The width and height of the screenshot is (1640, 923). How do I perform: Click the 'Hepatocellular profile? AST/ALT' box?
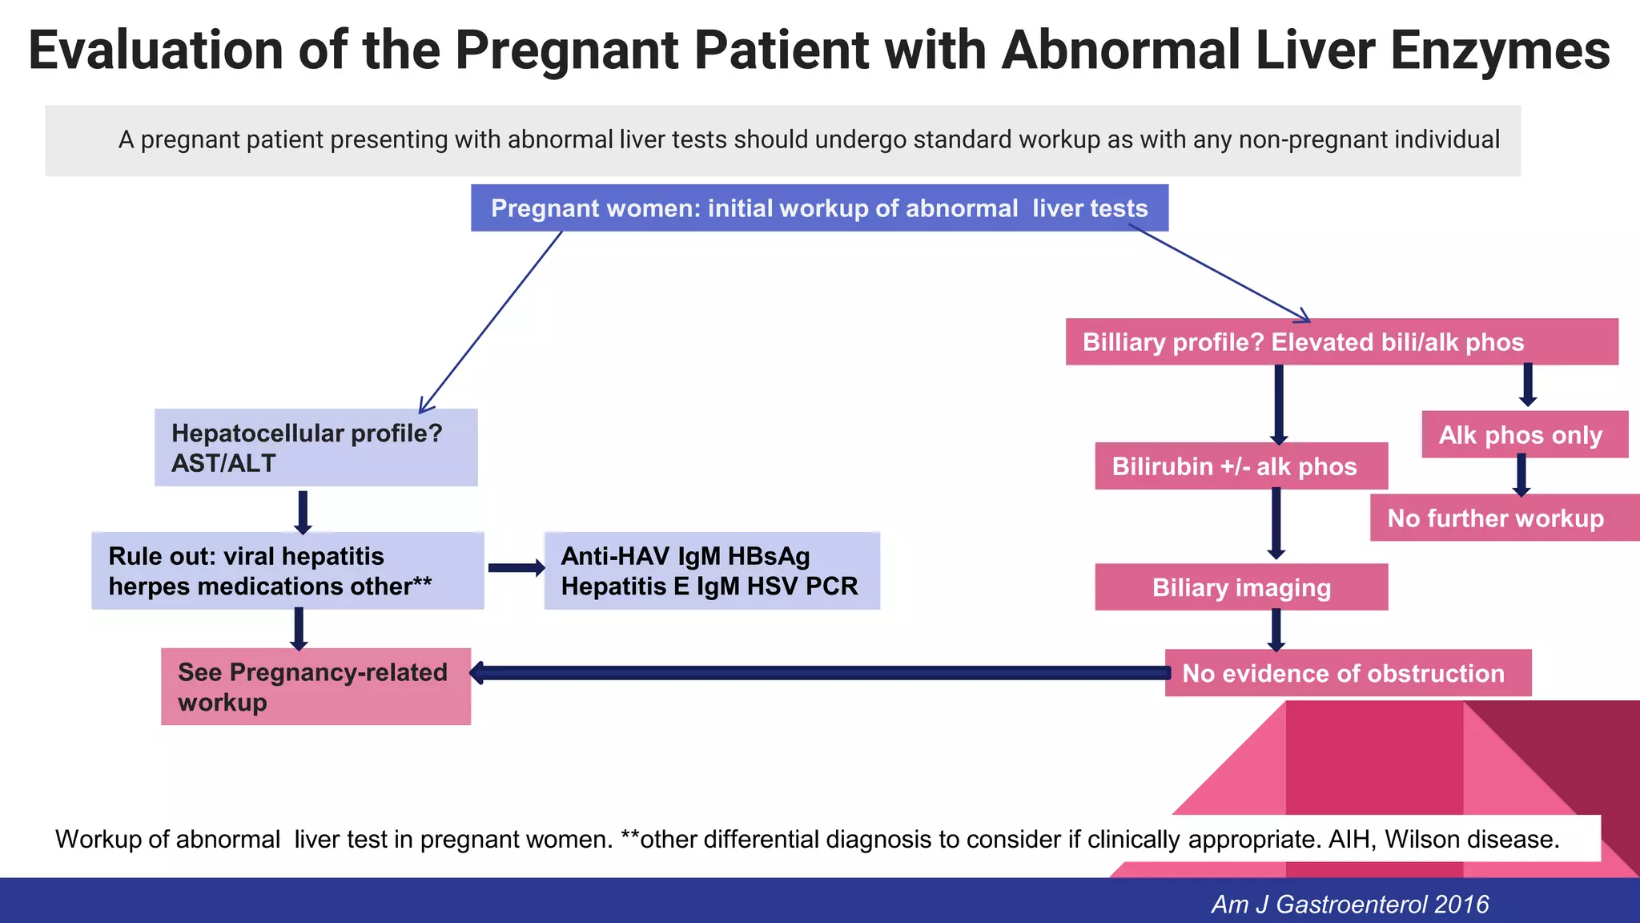pos(316,447)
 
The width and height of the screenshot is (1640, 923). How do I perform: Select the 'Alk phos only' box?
pos(1524,434)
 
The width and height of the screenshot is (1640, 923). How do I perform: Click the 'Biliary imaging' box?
pos(1240,587)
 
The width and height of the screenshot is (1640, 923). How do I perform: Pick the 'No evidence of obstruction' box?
pos(1347,673)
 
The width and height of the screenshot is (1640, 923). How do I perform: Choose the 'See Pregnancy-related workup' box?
pos(316,687)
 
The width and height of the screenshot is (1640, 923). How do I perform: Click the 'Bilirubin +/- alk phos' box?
pos(1240,466)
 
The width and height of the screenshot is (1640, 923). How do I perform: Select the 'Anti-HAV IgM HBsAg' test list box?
pos(711,570)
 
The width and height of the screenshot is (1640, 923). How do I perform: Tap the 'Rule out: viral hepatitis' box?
pos(287,570)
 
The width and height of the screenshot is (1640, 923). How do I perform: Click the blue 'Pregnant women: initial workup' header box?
pos(818,208)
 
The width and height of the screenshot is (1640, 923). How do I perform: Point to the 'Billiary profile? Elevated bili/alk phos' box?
pos(1341,342)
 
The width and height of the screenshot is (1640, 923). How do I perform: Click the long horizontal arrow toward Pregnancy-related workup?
pos(817,673)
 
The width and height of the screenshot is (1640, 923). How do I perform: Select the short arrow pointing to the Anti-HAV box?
pos(515,568)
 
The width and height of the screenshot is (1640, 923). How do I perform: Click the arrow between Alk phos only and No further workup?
pos(1521,475)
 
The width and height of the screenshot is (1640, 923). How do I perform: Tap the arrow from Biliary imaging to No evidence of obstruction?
pos(1276,629)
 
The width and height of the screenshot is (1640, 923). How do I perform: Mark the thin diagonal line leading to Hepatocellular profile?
pos(490,322)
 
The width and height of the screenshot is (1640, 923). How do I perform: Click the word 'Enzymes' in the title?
pos(1500,50)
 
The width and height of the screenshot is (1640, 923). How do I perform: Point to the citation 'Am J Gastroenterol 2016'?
pos(1349,904)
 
